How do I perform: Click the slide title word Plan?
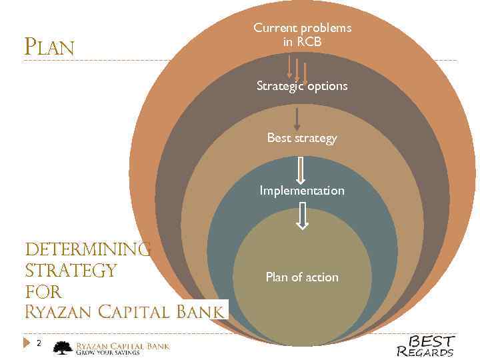point(49,47)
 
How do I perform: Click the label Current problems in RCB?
point(302,35)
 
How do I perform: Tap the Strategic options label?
point(302,86)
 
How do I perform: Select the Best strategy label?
point(302,138)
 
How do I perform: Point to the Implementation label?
point(302,191)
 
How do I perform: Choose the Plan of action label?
point(302,277)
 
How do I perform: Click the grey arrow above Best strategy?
point(297,117)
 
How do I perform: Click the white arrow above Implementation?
point(301,170)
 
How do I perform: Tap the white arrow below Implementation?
point(302,216)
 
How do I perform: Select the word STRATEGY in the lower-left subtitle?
point(71,271)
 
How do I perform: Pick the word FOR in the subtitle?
point(43,291)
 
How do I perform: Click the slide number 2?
point(39,343)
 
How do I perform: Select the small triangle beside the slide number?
point(27,343)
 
